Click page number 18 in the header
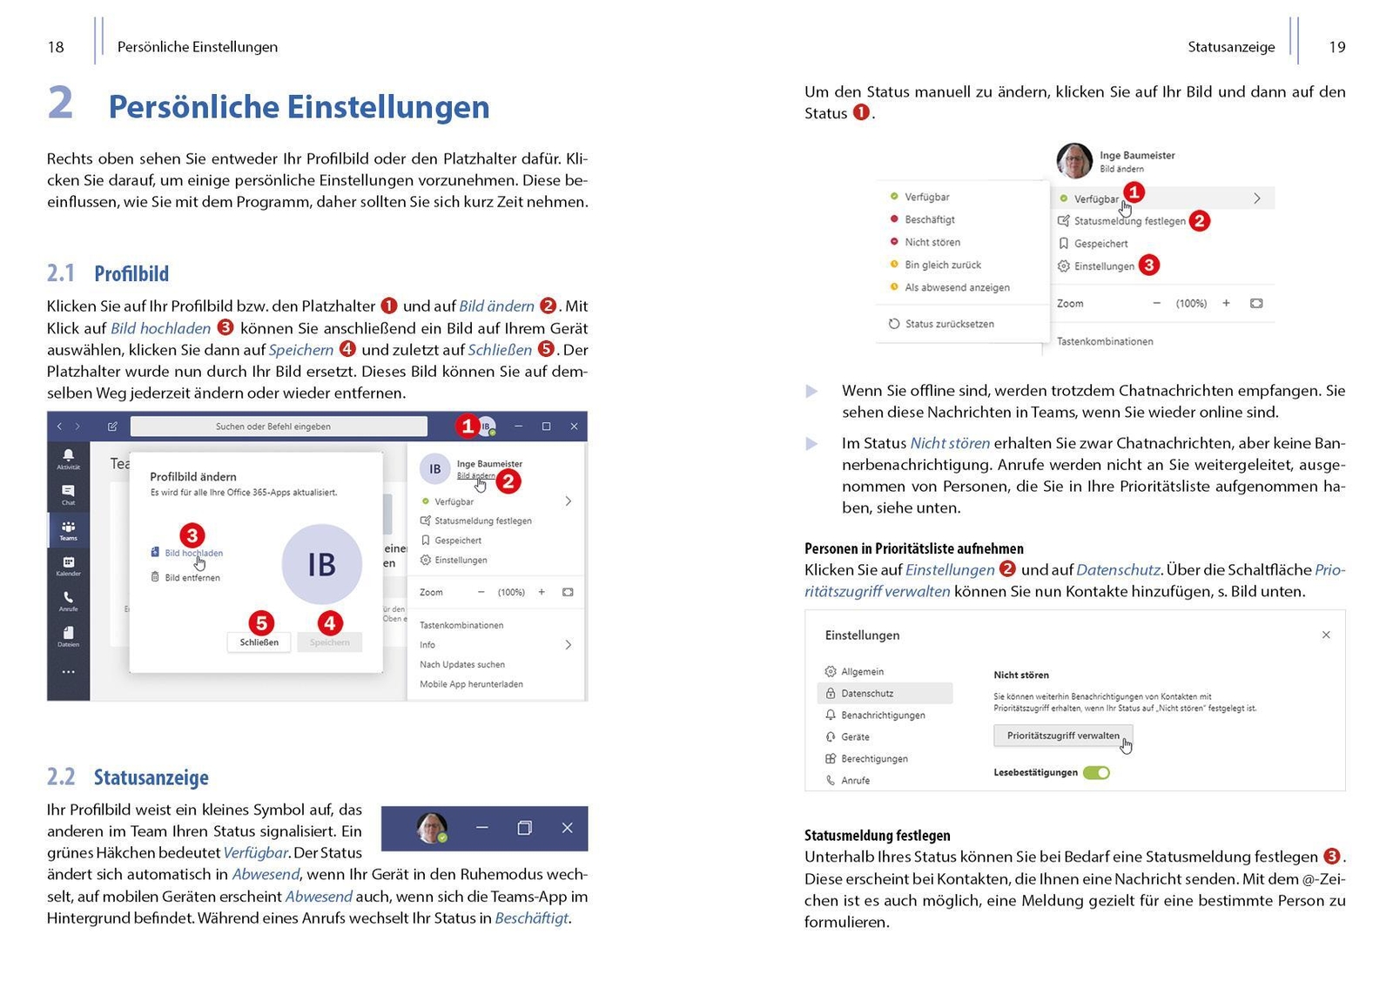pyautogui.click(x=56, y=47)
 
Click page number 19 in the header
pyautogui.click(x=1336, y=47)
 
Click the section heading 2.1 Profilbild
pyautogui.click(x=108, y=273)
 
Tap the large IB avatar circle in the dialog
pyautogui.click(x=321, y=564)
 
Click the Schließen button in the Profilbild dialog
pyautogui.click(x=259, y=642)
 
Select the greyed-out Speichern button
pyautogui.click(x=329, y=642)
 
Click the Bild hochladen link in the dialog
pyautogui.click(x=192, y=553)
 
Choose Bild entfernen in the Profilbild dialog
pyautogui.click(x=192, y=577)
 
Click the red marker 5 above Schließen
pyautogui.click(x=261, y=622)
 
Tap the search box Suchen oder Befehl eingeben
pyautogui.click(x=279, y=427)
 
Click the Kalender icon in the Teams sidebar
pyautogui.click(x=68, y=565)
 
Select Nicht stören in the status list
pyautogui.click(x=932, y=242)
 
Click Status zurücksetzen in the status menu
pyautogui.click(x=948, y=324)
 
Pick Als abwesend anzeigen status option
pyautogui.click(x=956, y=287)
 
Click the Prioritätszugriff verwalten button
pyautogui.click(x=1062, y=736)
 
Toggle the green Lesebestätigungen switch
pyautogui.click(x=1096, y=773)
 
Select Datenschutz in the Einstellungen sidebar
pyautogui.click(x=866, y=694)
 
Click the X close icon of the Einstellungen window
pyautogui.click(x=1325, y=635)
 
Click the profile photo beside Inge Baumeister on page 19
pyautogui.click(x=1073, y=161)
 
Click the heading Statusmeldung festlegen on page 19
pyautogui.click(x=877, y=836)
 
